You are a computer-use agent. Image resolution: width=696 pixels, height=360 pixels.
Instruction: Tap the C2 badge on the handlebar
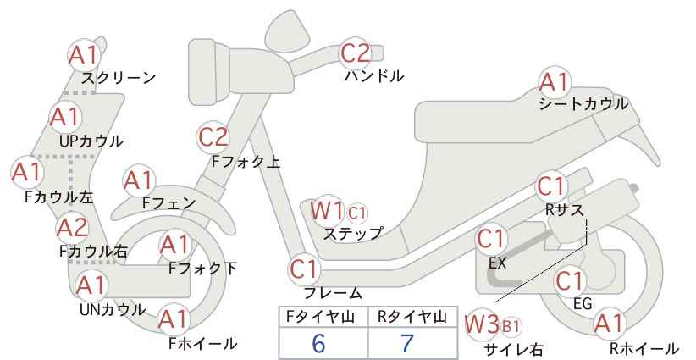[x=355, y=53]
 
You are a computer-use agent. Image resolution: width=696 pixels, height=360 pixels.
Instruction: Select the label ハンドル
[x=374, y=76]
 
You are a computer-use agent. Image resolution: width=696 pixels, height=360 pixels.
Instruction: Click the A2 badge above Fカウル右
[x=73, y=228]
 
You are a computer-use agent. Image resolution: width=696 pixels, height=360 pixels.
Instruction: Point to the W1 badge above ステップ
[x=327, y=210]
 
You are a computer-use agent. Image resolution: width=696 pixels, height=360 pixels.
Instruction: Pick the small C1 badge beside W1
[x=357, y=213]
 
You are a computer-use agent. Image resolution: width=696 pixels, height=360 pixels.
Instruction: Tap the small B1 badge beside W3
[x=511, y=327]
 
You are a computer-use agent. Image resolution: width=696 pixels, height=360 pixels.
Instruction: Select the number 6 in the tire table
[x=318, y=343]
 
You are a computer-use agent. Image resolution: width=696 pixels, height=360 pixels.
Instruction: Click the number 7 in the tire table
[x=407, y=343]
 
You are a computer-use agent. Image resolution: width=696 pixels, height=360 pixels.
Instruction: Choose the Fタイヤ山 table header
[x=320, y=317]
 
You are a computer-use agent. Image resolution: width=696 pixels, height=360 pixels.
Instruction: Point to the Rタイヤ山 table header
[x=412, y=317]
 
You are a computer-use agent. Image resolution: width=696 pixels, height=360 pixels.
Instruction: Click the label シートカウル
[x=583, y=105]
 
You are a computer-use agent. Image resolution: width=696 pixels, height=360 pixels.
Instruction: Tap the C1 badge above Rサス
[x=551, y=187]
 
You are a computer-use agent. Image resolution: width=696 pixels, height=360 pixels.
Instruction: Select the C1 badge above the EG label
[x=569, y=281]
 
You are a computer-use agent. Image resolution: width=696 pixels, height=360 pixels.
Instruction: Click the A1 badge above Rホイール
[x=609, y=324]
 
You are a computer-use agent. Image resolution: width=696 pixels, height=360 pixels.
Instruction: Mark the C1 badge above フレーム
[x=304, y=269]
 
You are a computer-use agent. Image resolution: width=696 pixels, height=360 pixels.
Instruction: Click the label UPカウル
[x=91, y=141]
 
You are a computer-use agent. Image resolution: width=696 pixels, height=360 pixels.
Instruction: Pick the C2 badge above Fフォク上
[x=213, y=137]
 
